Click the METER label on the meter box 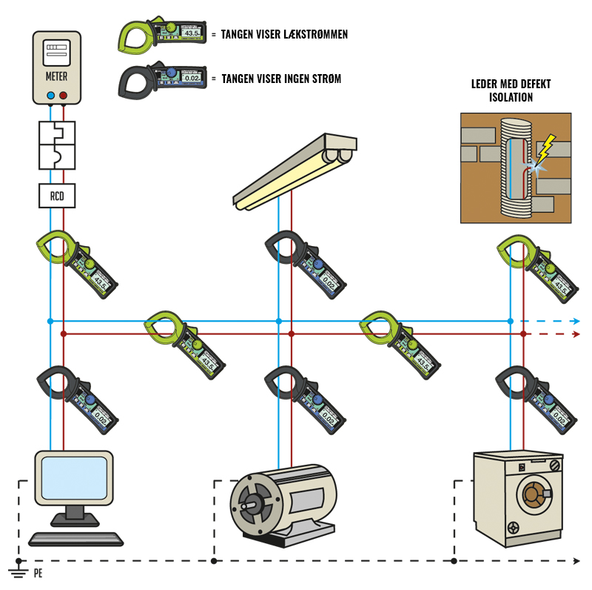pyautogui.click(x=57, y=76)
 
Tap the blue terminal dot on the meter pyautogui.click(x=50, y=96)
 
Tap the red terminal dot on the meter pyautogui.click(x=64, y=96)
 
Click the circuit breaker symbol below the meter pyautogui.click(x=57, y=145)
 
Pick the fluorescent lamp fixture pyautogui.click(x=295, y=170)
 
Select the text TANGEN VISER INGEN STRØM pyautogui.click(x=281, y=79)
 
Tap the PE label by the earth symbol pyautogui.click(x=38, y=573)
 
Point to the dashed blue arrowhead pyautogui.click(x=576, y=322)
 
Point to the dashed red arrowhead pyautogui.click(x=576, y=334)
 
